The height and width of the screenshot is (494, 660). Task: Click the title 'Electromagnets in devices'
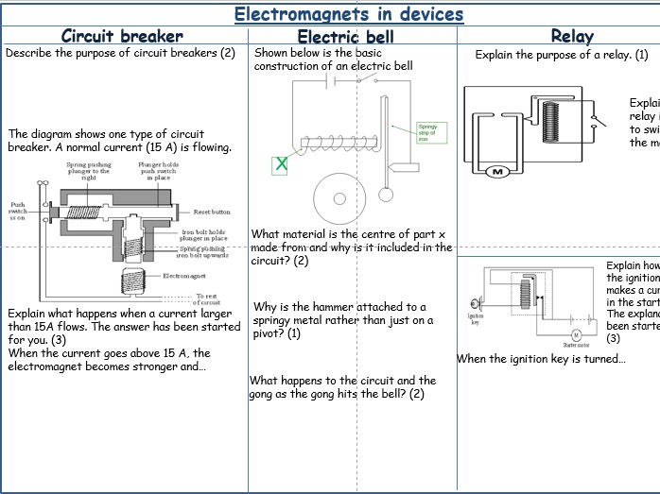[349, 13]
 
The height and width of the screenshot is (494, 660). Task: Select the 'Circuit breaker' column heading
[122, 36]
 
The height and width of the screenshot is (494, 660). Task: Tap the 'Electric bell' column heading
[353, 37]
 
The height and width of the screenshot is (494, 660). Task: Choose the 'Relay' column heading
[571, 36]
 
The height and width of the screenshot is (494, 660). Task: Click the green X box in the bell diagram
[280, 164]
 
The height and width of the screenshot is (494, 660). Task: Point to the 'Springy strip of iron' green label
[428, 131]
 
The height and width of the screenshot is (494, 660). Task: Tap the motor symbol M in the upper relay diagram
[497, 172]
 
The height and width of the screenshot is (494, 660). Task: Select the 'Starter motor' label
[575, 346]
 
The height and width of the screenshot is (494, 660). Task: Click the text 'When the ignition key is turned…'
[541, 359]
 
